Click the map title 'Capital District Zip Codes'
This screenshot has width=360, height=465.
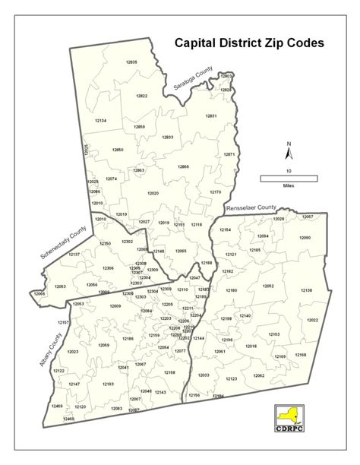tap(249, 44)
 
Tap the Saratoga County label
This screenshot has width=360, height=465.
tap(192, 79)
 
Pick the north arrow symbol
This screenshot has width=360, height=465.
tap(289, 150)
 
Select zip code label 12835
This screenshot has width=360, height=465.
tap(131, 62)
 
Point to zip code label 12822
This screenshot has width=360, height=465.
tap(142, 96)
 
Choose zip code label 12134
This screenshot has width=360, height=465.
tap(100, 121)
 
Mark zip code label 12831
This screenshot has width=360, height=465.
tap(211, 115)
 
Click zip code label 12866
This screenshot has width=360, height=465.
tap(183, 166)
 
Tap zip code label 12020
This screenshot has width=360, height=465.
tap(153, 193)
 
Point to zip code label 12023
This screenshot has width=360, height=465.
tap(73, 352)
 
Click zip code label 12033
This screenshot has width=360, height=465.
tap(204, 375)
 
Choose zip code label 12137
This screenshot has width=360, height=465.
tap(73, 254)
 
